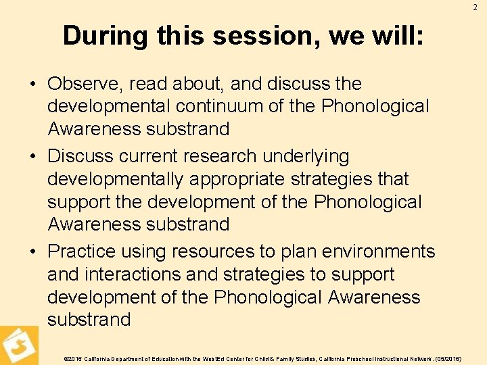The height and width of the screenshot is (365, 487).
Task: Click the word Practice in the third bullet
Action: pyautogui.click(x=83, y=251)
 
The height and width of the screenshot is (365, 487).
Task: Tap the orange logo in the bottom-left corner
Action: pyautogui.click(x=19, y=345)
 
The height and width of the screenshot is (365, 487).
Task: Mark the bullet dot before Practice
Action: pyautogui.click(x=34, y=252)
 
